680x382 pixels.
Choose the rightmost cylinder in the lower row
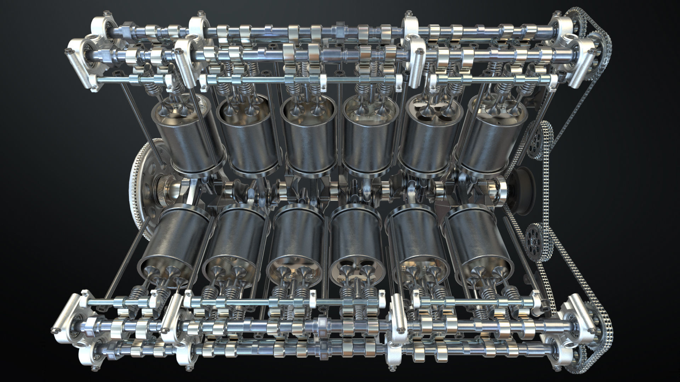tap(478, 241)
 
